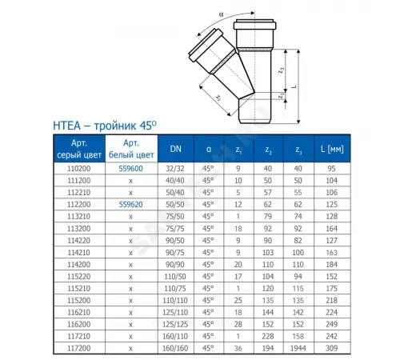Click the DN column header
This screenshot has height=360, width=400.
click(x=175, y=148)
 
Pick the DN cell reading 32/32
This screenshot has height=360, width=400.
click(x=175, y=169)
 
